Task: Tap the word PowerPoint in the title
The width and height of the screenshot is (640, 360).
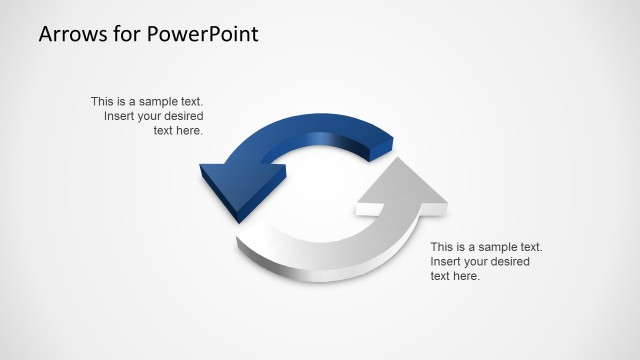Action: (x=202, y=34)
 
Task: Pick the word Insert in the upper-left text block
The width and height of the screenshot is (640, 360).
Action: (x=119, y=116)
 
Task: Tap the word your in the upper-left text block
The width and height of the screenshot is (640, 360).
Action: (x=152, y=116)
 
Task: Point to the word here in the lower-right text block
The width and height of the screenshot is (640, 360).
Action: (x=467, y=277)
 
